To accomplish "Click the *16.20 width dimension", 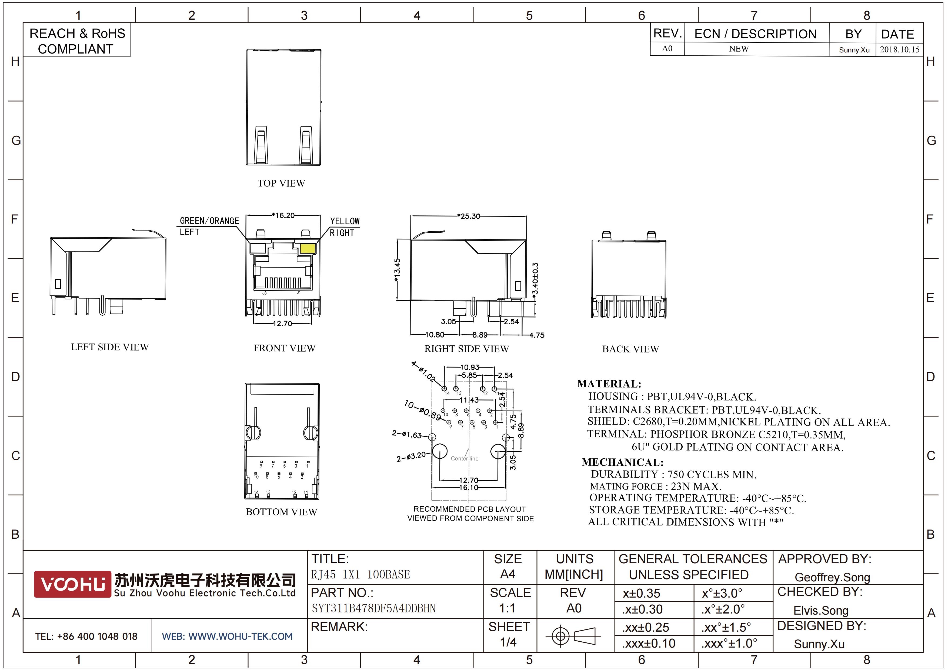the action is pos(283,215).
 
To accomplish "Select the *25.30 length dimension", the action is pos(469,216).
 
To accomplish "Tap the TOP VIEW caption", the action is pos(281,183).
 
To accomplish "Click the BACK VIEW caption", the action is pos(630,349).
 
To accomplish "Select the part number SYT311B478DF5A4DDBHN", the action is pos(374,608).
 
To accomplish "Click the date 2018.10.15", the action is pos(900,49).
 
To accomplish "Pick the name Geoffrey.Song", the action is pos(832,577).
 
